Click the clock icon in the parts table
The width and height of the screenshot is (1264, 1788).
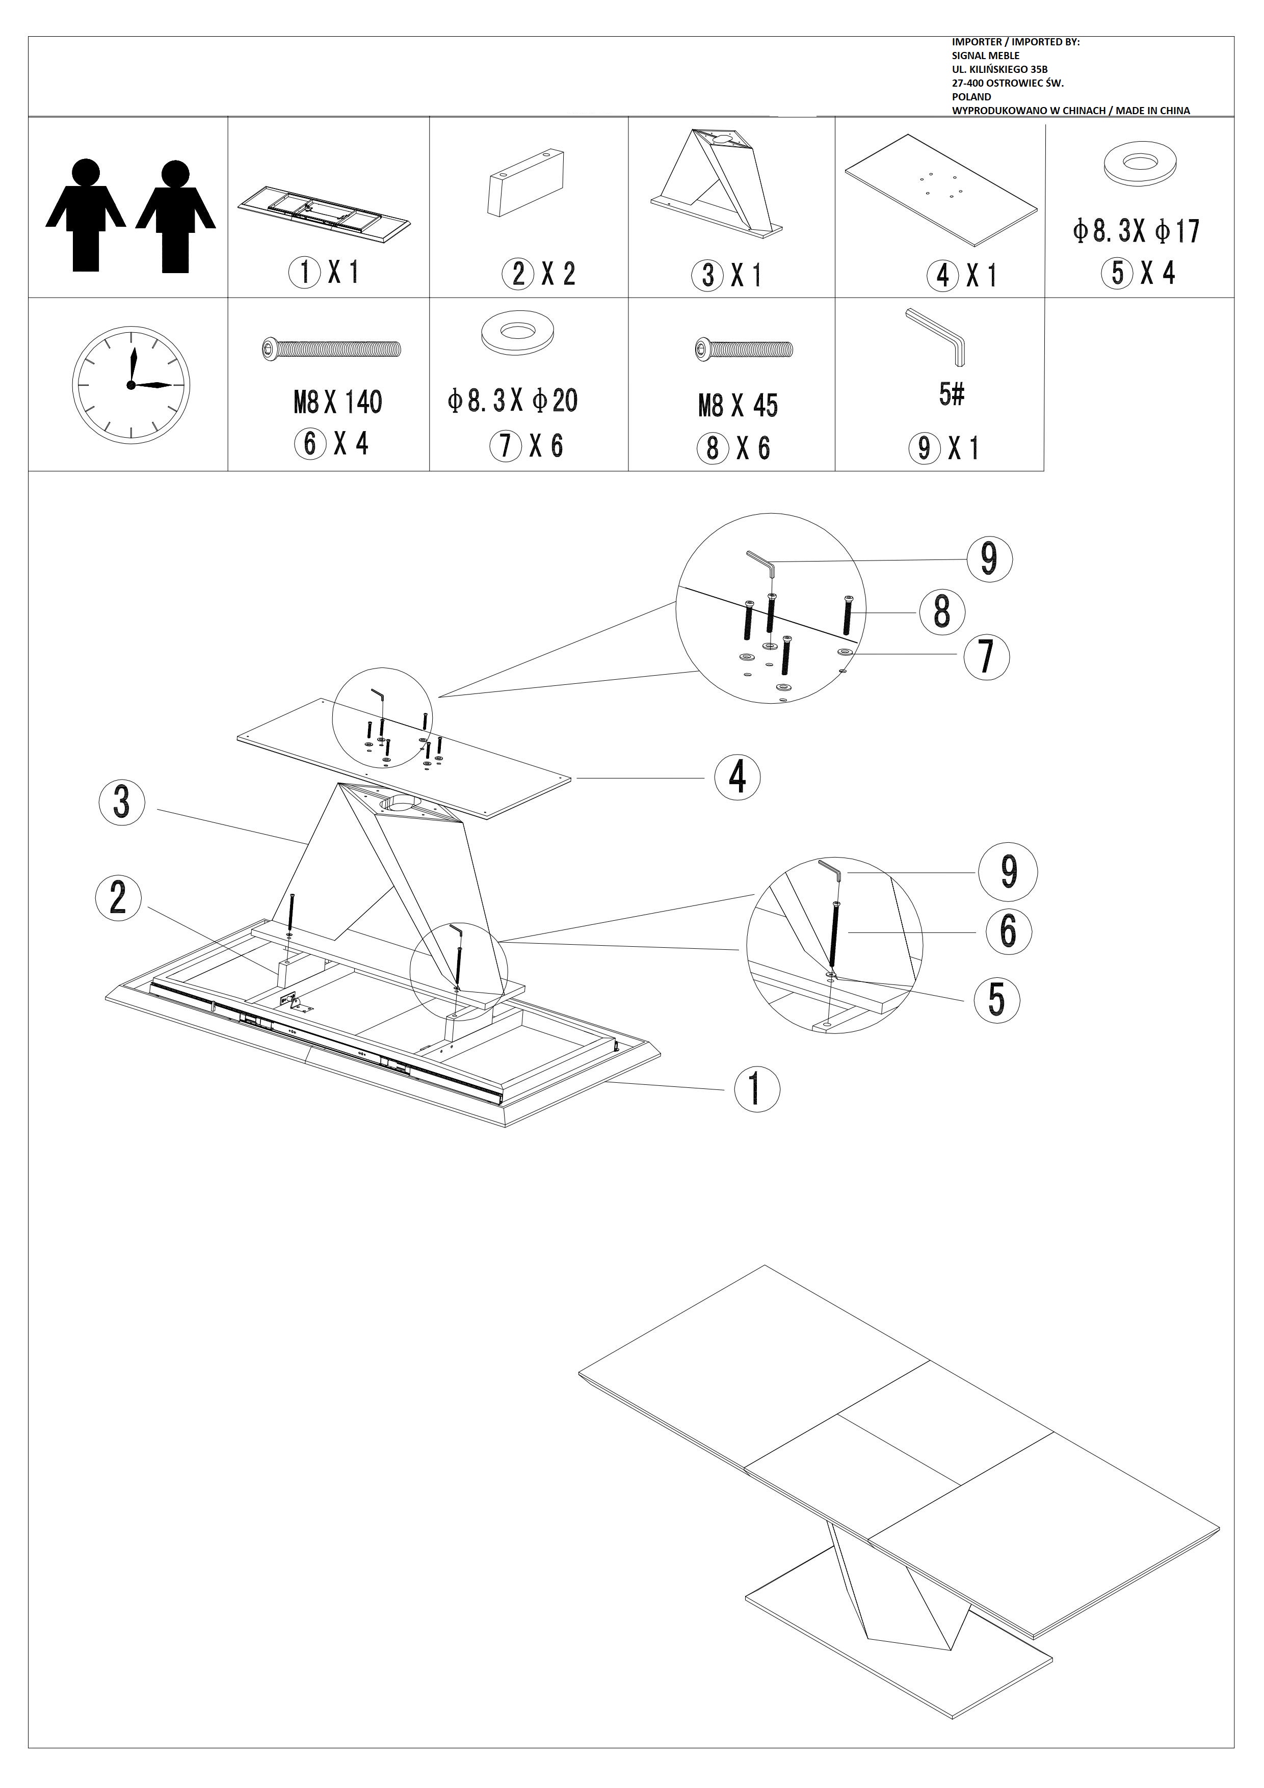point(131,385)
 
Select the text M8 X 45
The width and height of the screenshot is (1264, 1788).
point(738,406)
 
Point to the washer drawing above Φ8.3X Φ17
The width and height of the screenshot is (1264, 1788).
point(1140,164)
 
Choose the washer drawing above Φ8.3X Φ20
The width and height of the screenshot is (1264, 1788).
point(512,333)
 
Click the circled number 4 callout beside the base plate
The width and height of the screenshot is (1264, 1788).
point(737,777)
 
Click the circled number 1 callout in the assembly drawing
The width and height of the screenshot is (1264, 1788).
point(757,1089)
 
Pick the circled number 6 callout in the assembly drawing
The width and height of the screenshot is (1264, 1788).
point(1008,931)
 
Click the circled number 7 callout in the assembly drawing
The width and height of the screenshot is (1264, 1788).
point(987,656)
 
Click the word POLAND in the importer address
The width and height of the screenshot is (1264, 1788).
point(971,97)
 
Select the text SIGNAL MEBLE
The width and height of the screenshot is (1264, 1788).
point(985,56)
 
